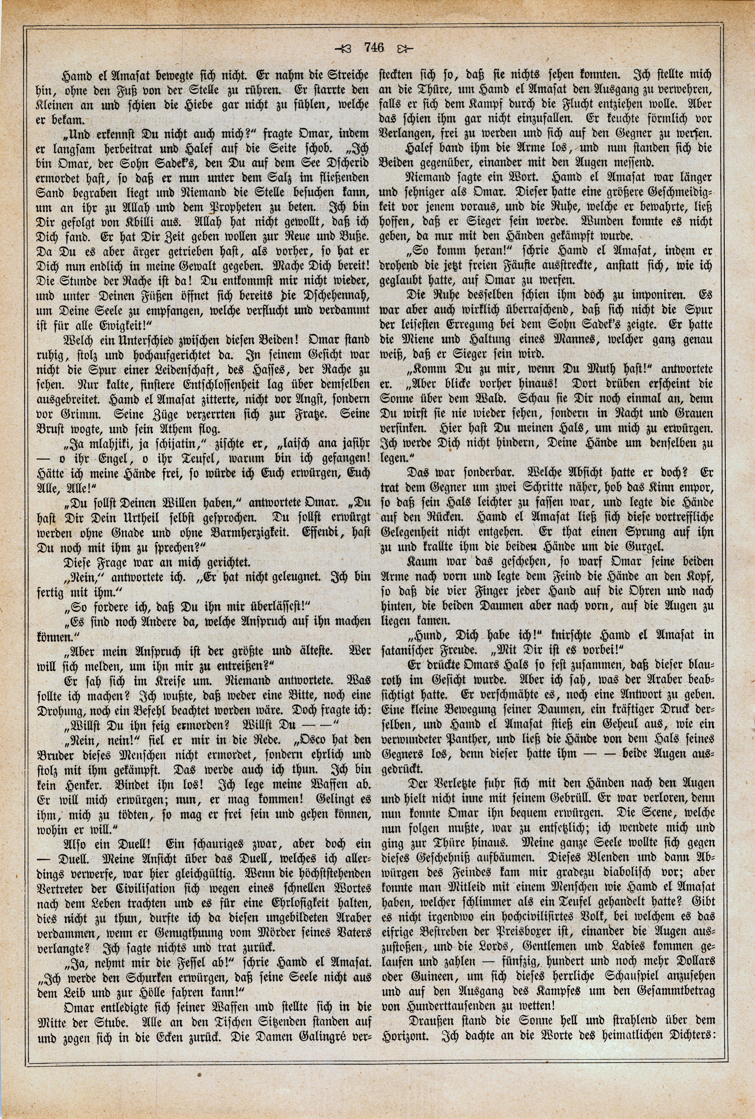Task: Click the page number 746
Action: pos(373,47)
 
